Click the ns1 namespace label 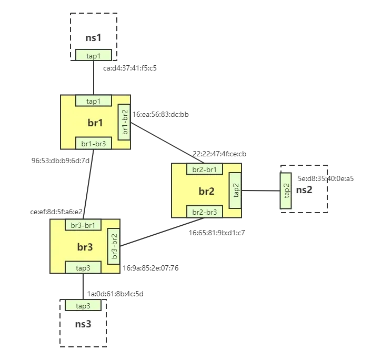tap(94, 37)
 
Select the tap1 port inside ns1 tap(94, 55)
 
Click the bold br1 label tap(95, 123)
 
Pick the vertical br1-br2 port tap(125, 122)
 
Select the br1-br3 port tap(94, 144)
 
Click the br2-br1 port tap(205, 169)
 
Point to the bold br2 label tap(206, 191)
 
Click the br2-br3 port tap(205, 212)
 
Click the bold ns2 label tap(304, 190)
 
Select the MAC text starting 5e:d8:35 tap(313, 178)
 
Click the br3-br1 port tap(83, 225)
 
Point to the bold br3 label tap(84, 247)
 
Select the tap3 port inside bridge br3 tap(83, 268)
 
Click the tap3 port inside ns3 tap(83, 306)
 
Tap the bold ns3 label tap(83, 324)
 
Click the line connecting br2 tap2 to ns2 tap(260, 192)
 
